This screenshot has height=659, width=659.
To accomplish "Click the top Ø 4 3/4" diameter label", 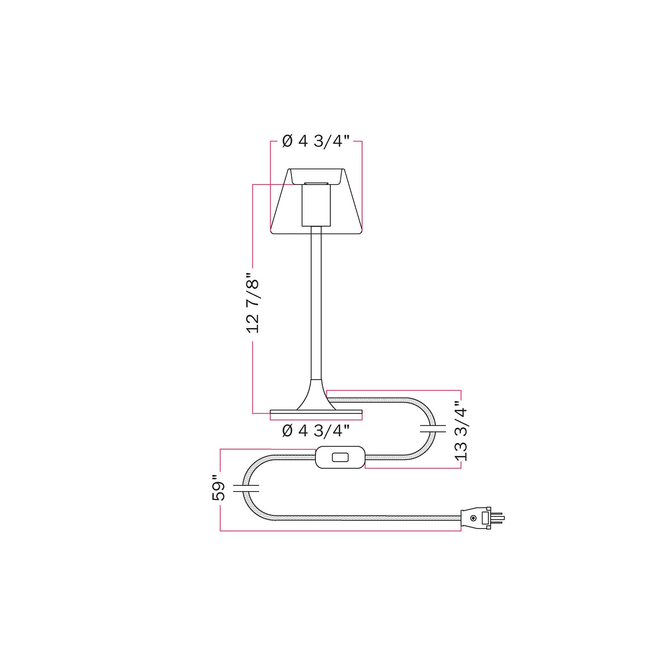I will coord(315,141).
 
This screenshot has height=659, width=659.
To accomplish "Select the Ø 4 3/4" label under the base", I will coord(315,431).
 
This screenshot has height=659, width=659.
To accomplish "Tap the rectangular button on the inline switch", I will coord(340,457).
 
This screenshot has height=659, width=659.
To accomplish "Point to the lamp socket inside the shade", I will coord(315,206).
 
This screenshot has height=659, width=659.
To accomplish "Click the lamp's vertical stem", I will coord(316,303).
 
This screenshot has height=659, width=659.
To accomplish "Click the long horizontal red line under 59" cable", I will coord(340,531).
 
